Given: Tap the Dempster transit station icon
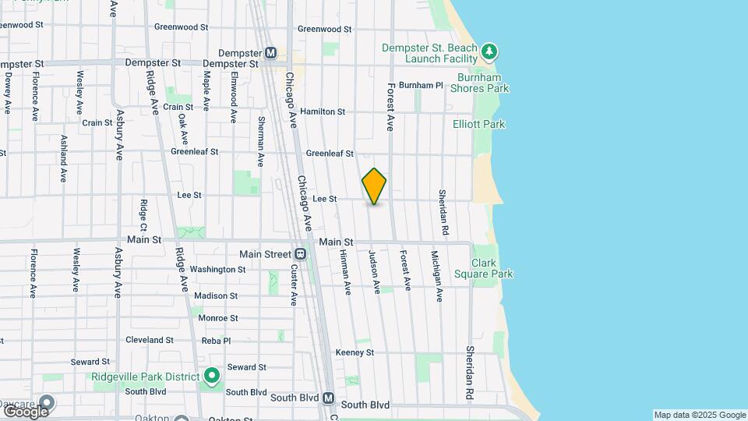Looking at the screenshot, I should [270, 53].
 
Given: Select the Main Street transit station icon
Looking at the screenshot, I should [300, 254].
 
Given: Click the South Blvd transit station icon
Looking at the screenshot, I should [328, 398].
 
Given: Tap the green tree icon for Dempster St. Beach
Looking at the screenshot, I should [489, 52].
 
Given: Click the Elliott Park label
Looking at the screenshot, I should [478, 124].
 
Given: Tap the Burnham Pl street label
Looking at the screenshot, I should [420, 85].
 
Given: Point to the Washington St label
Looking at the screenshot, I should [217, 270].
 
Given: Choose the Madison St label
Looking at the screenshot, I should [216, 296].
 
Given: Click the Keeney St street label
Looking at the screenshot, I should [355, 352].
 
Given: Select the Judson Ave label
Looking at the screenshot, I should [376, 271].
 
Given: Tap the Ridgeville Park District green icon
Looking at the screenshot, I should [211, 377].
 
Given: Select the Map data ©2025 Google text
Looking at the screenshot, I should [700, 415].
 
